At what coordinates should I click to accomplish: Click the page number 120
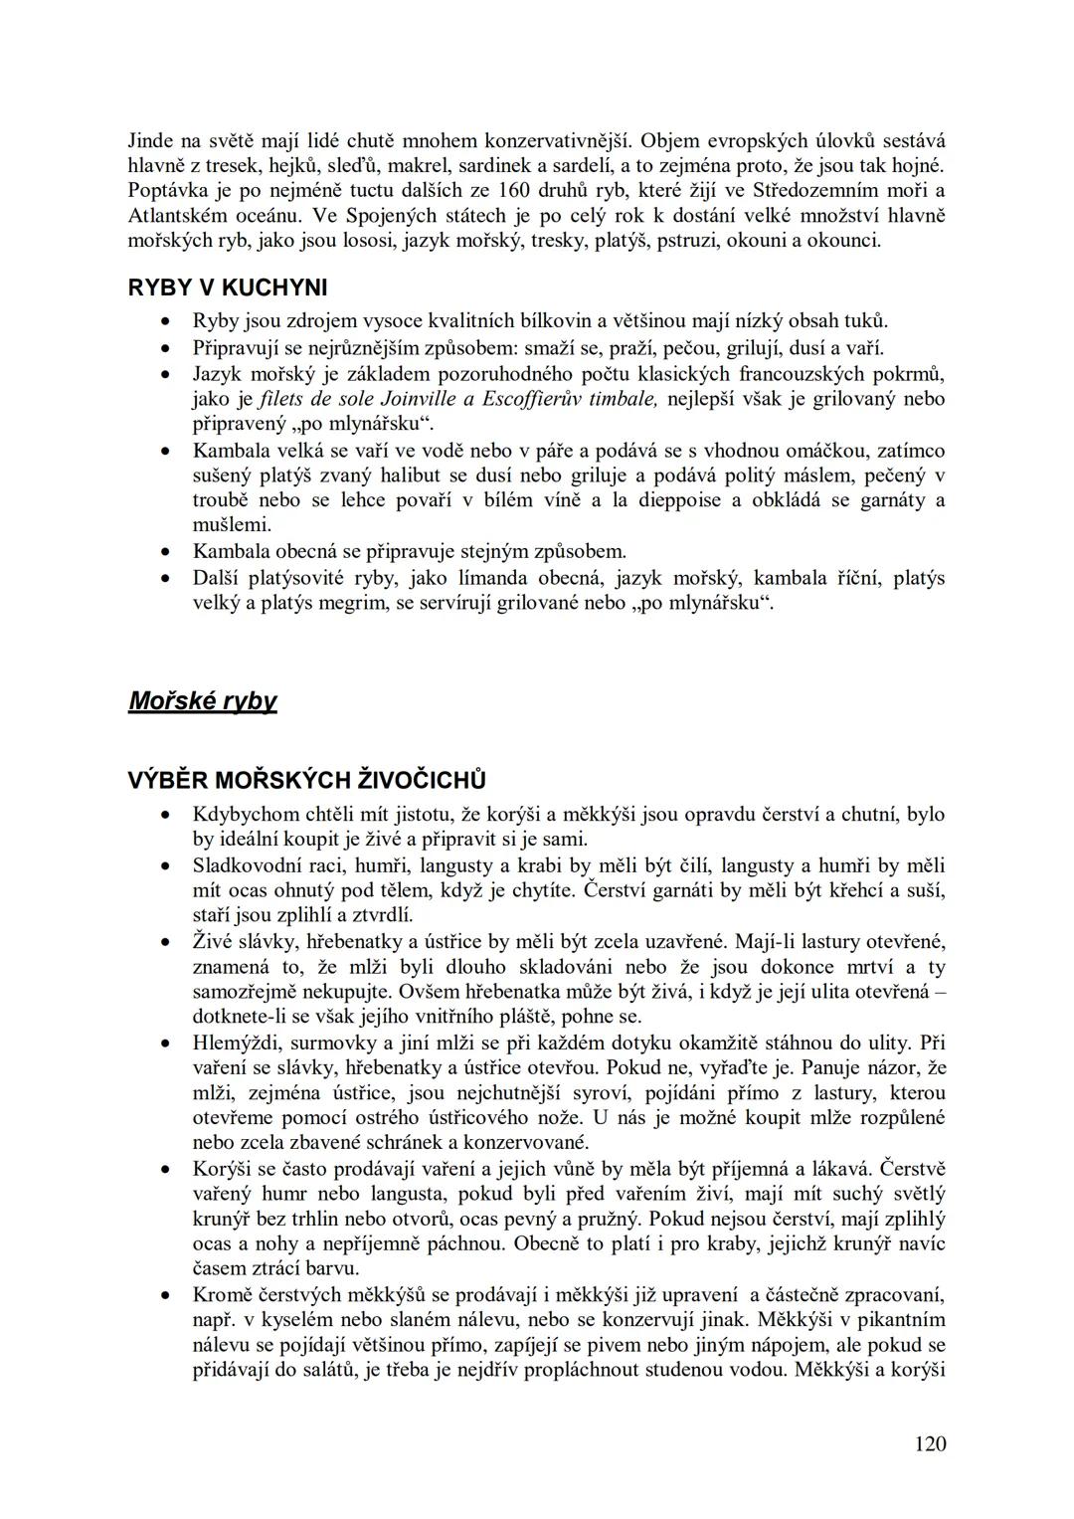coord(930,1443)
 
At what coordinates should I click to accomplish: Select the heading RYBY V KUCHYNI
coord(228,288)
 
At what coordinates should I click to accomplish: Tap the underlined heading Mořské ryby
coord(203,701)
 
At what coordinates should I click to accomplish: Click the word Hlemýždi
coord(232,1044)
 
